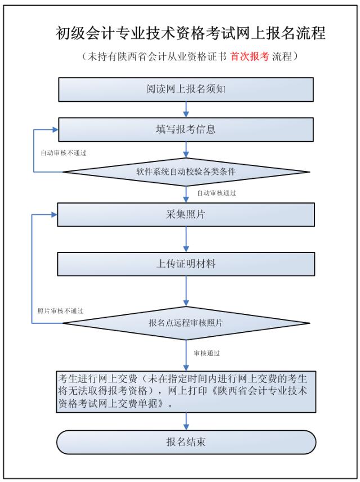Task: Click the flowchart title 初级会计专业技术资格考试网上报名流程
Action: click(191, 33)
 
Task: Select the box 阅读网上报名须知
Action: click(186, 89)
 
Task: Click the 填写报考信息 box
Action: click(186, 129)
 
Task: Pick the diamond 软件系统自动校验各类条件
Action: click(186, 172)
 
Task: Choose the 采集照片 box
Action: click(186, 214)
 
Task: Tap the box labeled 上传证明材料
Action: click(186, 264)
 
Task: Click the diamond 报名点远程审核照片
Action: click(186, 323)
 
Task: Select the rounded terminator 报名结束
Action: click(186, 442)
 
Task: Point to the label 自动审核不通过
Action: click(63, 152)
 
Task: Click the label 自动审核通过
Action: click(217, 193)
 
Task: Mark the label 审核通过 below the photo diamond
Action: click(206, 353)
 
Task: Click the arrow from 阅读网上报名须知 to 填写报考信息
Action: click(186, 110)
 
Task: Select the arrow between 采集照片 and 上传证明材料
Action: click(186, 239)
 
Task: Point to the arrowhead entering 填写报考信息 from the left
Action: click(55, 129)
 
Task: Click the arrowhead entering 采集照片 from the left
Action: click(55, 214)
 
